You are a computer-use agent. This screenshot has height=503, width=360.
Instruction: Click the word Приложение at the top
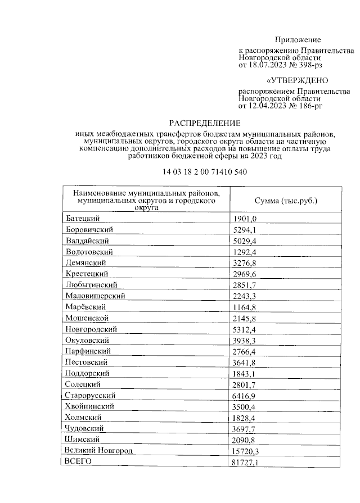298,40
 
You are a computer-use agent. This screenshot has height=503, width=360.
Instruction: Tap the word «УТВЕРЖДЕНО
296,80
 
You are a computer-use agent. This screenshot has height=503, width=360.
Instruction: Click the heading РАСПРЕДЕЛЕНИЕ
205,123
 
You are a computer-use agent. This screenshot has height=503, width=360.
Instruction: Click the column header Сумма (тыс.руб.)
286,200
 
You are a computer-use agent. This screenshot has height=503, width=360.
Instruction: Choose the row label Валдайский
88,241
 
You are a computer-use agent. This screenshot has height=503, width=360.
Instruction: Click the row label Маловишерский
94,296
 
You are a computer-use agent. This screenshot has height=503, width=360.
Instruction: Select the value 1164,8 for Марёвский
245,307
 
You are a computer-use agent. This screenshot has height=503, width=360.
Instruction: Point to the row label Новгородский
91,329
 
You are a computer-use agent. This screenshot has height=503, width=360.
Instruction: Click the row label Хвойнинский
90,406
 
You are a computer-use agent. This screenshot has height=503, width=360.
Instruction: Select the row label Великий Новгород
98,451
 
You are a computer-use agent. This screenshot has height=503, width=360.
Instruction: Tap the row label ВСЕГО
78,461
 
